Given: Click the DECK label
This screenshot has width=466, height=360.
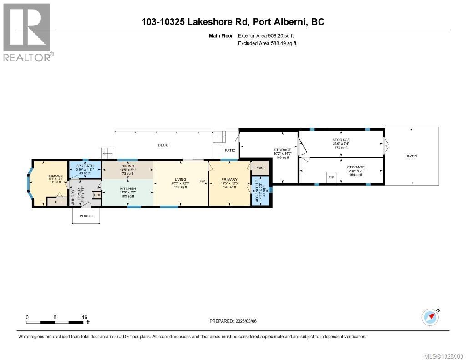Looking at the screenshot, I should (163, 145).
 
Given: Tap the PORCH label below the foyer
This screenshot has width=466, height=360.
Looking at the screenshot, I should (86, 216).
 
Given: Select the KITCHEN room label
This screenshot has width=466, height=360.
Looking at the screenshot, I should (127, 188).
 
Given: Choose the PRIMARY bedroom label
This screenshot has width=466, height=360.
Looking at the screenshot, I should (229, 180).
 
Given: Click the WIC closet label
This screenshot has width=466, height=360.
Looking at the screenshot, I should (260, 168).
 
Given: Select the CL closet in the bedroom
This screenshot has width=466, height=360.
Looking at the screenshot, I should (57, 202).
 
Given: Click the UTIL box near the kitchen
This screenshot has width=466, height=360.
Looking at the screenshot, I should (97, 195).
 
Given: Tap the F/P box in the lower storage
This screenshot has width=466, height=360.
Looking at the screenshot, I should (331, 177).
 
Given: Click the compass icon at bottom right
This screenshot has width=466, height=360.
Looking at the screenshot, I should (430, 317).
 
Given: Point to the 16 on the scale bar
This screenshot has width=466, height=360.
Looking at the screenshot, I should (84, 317).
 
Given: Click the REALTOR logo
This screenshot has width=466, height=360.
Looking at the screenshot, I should (27, 32).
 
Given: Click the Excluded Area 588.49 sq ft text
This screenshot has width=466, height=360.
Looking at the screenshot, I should (267, 44).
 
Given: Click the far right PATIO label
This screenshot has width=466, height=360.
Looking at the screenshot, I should (412, 156).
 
